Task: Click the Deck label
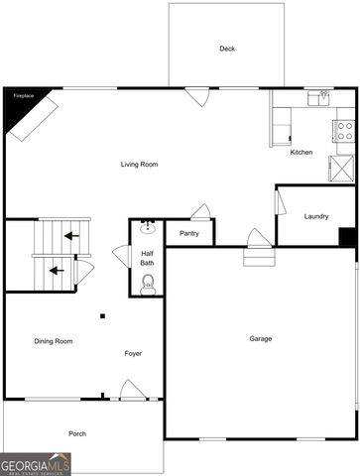226,49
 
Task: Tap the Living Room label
140,164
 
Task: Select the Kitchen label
301,152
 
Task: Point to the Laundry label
316,216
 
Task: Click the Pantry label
189,233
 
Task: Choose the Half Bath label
147,258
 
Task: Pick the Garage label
260,339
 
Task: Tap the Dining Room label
54,341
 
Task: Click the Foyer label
133,353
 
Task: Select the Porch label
77,433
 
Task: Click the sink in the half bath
148,227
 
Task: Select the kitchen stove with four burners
344,129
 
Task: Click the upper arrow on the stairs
69,236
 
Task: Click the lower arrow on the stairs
57,269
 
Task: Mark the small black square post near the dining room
102,316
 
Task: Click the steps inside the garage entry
257,257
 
